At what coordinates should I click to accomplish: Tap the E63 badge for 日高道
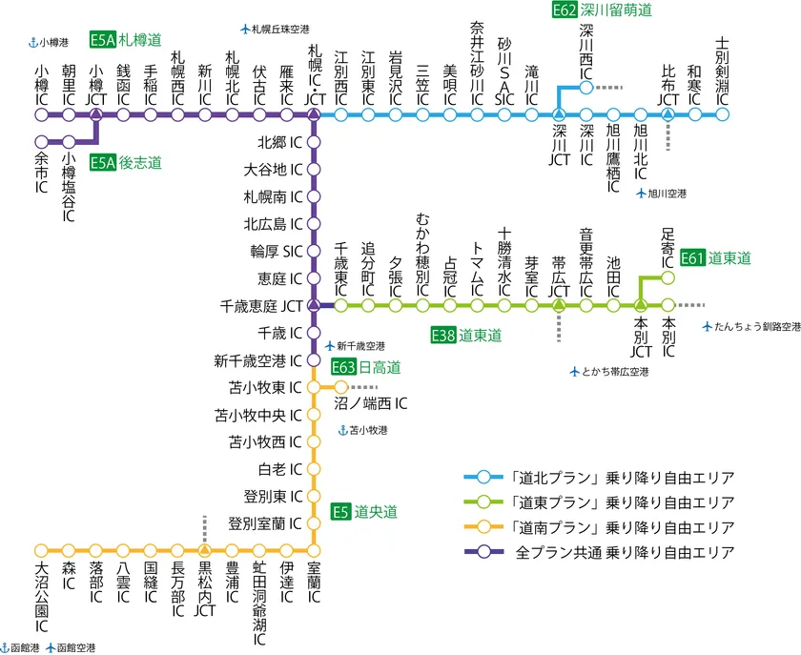(x=344, y=367)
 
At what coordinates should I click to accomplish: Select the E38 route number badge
(x=443, y=335)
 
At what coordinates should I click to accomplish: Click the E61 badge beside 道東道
(x=693, y=258)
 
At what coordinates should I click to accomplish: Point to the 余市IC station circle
(x=41, y=142)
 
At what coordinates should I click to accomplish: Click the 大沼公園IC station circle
(x=41, y=551)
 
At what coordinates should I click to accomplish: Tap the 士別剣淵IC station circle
(x=722, y=114)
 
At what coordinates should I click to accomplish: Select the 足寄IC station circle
(x=667, y=278)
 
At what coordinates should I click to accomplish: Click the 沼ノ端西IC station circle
(x=340, y=387)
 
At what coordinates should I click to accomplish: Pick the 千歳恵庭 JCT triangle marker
(x=314, y=306)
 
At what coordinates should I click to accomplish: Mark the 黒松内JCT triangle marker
(x=204, y=551)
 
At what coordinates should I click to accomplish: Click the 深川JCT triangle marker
(x=559, y=114)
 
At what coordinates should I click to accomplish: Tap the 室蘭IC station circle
(x=314, y=551)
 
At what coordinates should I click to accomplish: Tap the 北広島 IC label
(x=273, y=224)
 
